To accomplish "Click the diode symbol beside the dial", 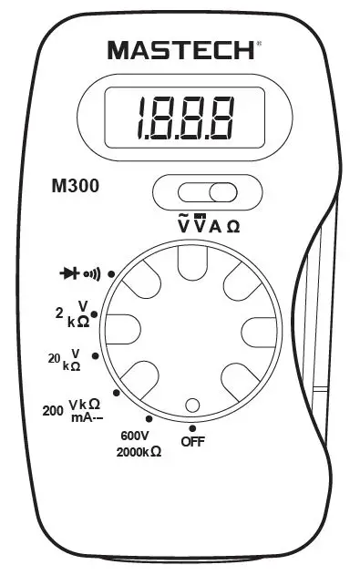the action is (x=70, y=272).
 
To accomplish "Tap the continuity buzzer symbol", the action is (x=92, y=272).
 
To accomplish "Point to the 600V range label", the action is (x=134, y=435).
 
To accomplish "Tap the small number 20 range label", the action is (x=53, y=358).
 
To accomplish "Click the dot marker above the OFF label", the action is (x=192, y=426).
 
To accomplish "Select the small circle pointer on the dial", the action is (x=192, y=405).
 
